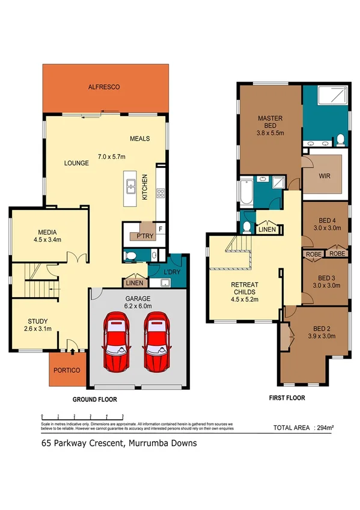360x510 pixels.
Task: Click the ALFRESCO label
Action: pos(105,87)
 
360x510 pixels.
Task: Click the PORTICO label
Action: pos(67,370)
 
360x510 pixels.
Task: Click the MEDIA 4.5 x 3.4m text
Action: pos(47,236)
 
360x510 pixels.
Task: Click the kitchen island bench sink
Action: pos(130,186)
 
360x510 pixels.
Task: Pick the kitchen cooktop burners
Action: pos(160,194)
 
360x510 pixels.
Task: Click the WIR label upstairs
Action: pos(325,178)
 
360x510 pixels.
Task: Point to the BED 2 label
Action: pos(322,333)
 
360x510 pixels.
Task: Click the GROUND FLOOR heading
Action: pos(94,399)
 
